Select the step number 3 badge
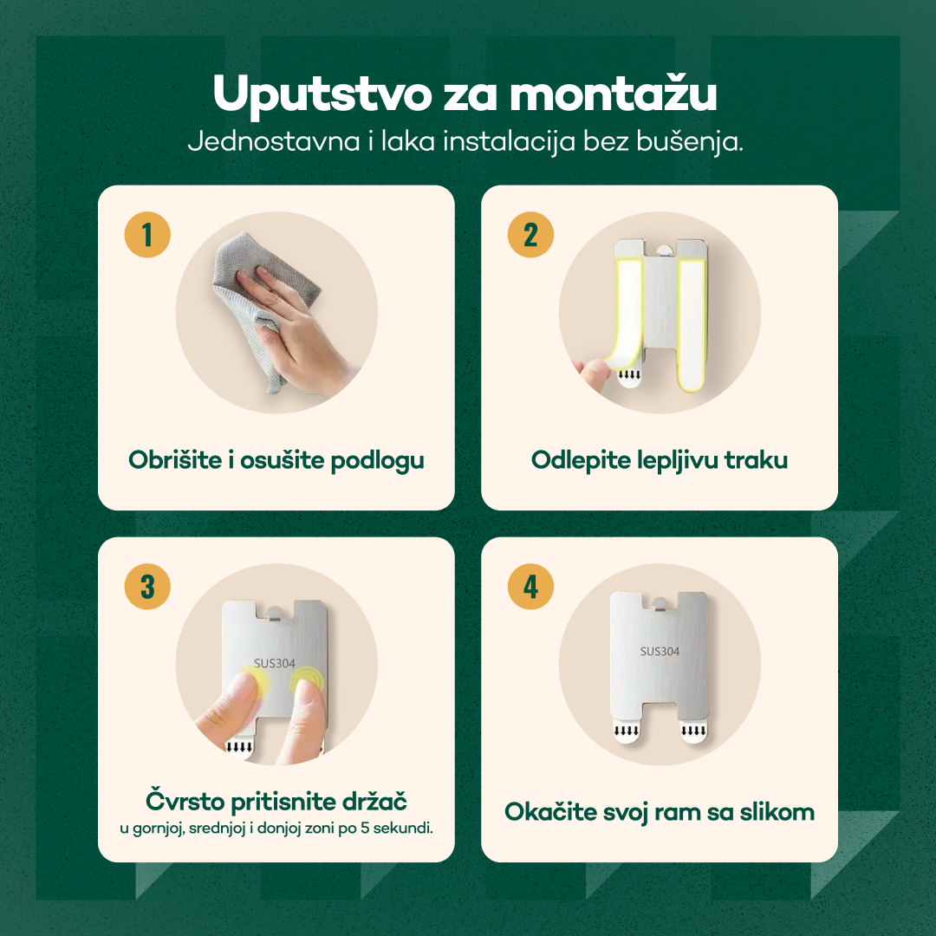tap(147, 586)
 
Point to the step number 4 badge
tap(530, 586)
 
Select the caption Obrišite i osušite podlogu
tap(276, 459)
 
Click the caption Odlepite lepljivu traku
tap(660, 459)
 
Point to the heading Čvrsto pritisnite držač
tap(276, 799)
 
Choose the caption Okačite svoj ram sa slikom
tap(660, 812)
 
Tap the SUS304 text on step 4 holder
tap(660, 652)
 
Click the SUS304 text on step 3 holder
tap(275, 664)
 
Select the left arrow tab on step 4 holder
tap(627, 734)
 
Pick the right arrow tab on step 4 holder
tap(692, 734)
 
